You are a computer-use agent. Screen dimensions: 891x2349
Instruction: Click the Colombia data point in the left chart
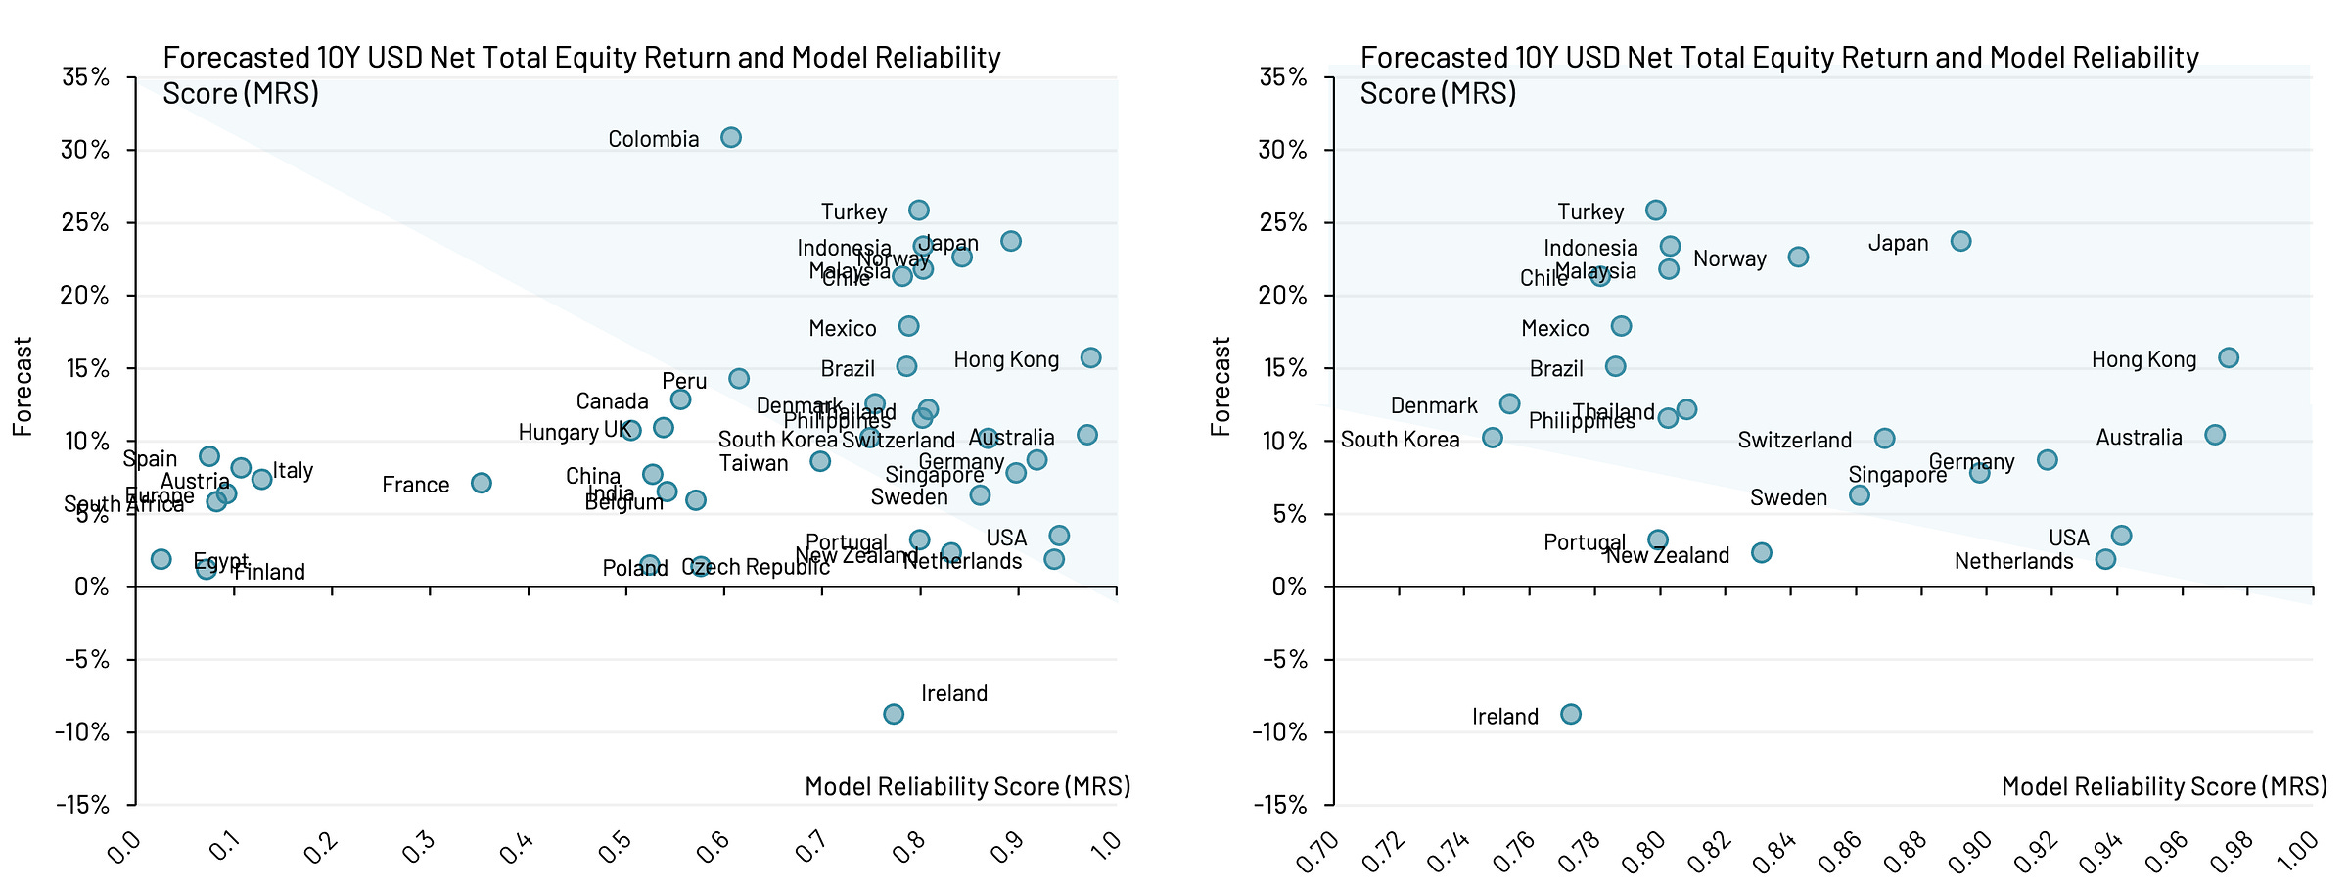(x=731, y=137)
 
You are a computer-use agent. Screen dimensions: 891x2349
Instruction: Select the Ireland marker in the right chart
(x=1570, y=714)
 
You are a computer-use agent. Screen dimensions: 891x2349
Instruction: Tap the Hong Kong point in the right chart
(x=2228, y=357)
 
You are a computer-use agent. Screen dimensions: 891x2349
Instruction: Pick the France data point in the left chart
(x=481, y=483)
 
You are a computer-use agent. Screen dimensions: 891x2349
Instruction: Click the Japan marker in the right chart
(x=1960, y=241)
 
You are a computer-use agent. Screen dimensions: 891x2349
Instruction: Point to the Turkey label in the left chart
(x=853, y=211)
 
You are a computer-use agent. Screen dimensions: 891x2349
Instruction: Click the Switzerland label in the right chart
(x=1794, y=440)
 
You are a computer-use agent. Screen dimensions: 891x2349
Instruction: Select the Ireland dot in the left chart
(x=894, y=714)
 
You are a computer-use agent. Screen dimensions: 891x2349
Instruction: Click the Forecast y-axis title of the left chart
(x=23, y=386)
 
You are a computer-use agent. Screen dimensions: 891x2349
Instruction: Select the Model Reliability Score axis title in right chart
(x=2164, y=786)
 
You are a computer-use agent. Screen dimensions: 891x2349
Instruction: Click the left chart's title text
(x=581, y=75)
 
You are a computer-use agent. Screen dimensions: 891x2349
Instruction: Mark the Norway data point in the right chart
(x=1798, y=257)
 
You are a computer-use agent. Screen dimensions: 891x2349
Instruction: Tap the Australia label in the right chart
(x=2139, y=437)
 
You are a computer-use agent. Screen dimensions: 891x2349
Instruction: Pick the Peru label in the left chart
(x=684, y=381)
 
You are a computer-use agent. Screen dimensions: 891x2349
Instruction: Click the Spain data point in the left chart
(x=208, y=455)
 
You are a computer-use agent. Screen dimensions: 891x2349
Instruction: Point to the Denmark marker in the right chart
(x=1509, y=403)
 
